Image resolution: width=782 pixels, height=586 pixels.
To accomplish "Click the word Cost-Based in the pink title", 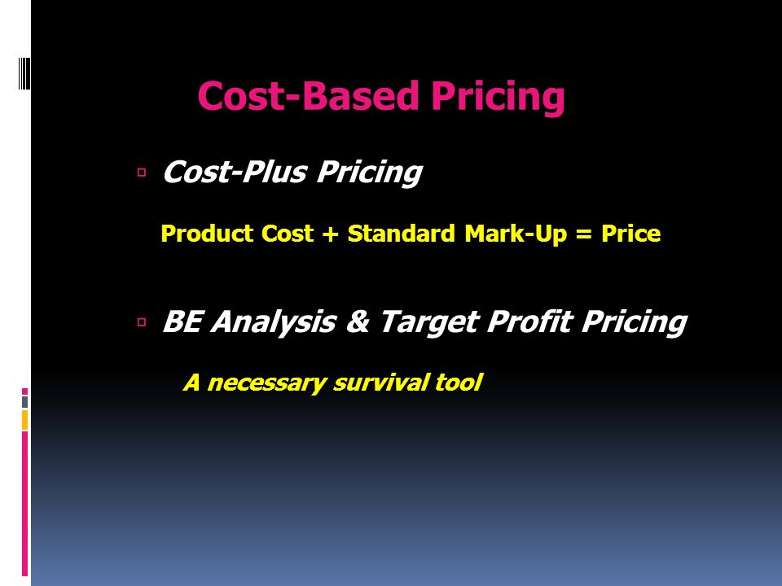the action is [x=308, y=95].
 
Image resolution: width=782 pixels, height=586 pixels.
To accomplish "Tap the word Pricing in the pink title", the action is [x=498, y=97].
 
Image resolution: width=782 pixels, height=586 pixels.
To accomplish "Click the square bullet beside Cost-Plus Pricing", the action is [x=142, y=173].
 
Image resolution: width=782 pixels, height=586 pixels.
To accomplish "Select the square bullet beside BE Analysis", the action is [x=142, y=322].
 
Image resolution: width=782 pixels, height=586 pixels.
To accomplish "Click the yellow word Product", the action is [x=207, y=234].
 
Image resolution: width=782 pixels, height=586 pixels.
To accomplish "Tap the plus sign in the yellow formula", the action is [x=330, y=234].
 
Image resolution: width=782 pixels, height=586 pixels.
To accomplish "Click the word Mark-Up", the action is [x=516, y=234].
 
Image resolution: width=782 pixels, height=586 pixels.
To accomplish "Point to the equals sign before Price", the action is [x=584, y=234].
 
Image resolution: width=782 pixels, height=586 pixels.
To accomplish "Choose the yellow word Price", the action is [x=630, y=234].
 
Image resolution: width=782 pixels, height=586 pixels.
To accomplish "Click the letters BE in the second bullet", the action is [x=182, y=321].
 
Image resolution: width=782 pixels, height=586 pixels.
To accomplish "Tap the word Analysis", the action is [x=274, y=322].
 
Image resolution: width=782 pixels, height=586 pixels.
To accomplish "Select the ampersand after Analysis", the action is [x=358, y=322].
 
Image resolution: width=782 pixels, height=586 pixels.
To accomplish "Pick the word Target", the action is [x=430, y=323].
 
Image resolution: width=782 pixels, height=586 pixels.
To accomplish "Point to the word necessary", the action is [x=267, y=383].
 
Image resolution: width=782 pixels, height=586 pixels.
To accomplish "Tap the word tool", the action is [x=459, y=383].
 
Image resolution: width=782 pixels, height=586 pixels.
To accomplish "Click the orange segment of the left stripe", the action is [x=24, y=420].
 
